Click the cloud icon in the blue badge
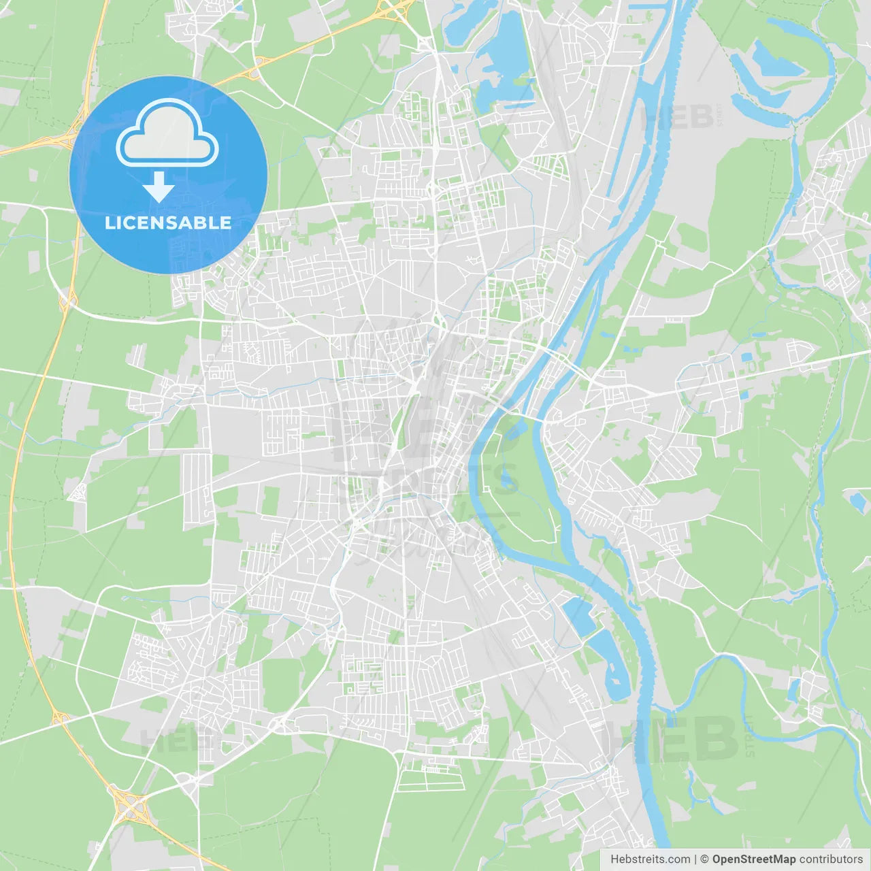167,133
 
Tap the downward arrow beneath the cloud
159,186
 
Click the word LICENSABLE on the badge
168,223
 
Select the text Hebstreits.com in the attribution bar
650,859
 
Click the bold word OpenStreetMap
753,859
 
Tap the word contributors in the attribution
831,859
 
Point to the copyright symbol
705,859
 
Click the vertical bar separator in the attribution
695,859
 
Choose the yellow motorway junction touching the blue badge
69,139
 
